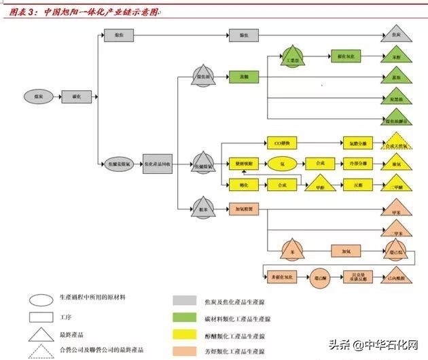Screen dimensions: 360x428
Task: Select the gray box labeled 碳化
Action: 75,97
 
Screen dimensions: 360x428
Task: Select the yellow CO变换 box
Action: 282,144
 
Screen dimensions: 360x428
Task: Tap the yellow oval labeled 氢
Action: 281,164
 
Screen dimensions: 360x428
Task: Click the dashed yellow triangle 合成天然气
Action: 396,145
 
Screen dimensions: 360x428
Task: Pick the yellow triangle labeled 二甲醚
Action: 396,185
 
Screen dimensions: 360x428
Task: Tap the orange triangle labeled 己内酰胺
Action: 396,276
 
